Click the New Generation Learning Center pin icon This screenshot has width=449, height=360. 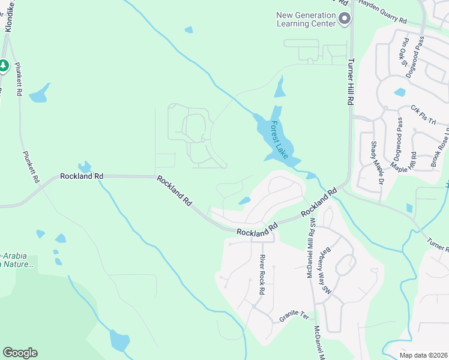click(345, 20)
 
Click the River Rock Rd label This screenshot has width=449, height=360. click(262, 274)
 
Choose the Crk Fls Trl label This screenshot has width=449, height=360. click(423, 115)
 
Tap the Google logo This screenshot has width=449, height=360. click(20, 353)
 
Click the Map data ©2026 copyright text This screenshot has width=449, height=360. click(423, 355)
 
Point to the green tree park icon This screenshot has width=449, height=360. click(4, 65)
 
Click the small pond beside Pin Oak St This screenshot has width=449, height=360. click(399, 92)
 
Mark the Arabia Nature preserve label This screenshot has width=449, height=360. click(18, 259)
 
